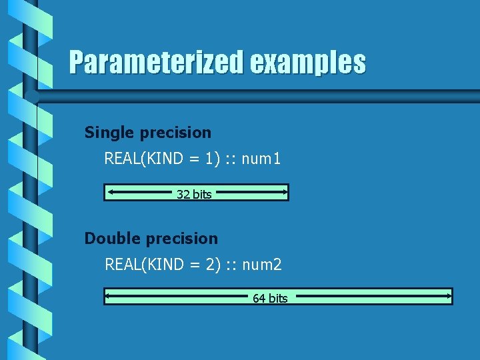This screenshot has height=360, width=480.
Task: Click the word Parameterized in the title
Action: pyautogui.click(x=157, y=63)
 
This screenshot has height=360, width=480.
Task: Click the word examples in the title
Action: pyautogui.click(x=308, y=63)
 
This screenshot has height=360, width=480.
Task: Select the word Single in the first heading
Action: pyautogui.click(x=110, y=133)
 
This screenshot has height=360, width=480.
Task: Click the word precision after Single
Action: pyautogui.click(x=175, y=133)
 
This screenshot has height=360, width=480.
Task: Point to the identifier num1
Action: pyautogui.click(x=261, y=159)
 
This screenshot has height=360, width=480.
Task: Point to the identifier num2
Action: pyautogui.click(x=262, y=265)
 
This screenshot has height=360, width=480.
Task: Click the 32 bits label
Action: pyautogui.click(x=194, y=195)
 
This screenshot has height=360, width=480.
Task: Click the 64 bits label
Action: pyautogui.click(x=270, y=299)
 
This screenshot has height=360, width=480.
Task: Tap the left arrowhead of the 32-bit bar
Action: pyautogui.click(x=111, y=193)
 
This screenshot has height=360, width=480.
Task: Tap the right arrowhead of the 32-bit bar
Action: pyautogui.click(x=283, y=193)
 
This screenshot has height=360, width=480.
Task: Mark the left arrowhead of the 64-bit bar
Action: pyautogui.click(x=111, y=295)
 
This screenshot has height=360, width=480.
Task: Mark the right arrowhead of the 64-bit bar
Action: pyautogui.click(x=446, y=295)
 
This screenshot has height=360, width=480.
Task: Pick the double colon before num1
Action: pyautogui.click(x=230, y=160)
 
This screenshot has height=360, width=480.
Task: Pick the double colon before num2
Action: pyautogui.click(x=231, y=266)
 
